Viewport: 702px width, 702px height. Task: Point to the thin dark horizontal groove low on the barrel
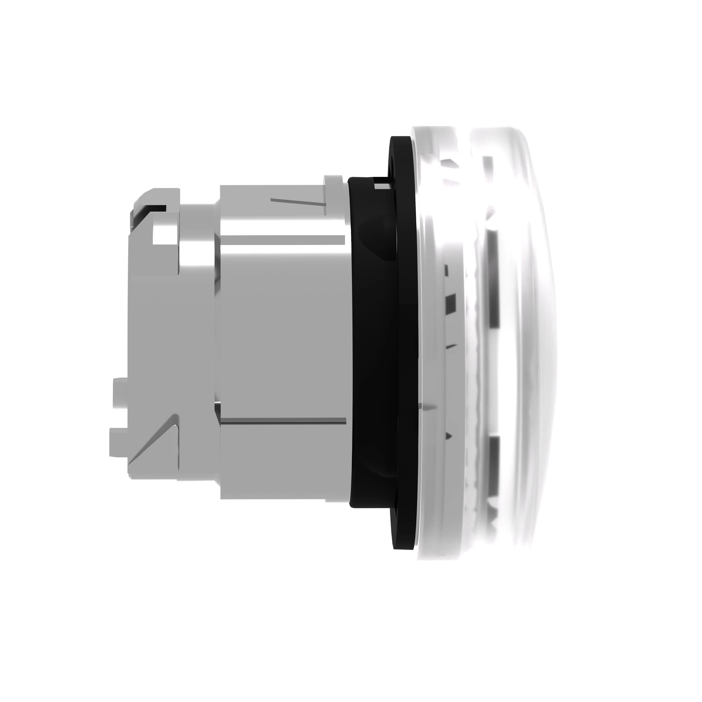(283, 421)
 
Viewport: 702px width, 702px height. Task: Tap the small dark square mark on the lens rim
(451, 301)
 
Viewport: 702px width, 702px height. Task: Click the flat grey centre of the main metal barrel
(283, 327)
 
